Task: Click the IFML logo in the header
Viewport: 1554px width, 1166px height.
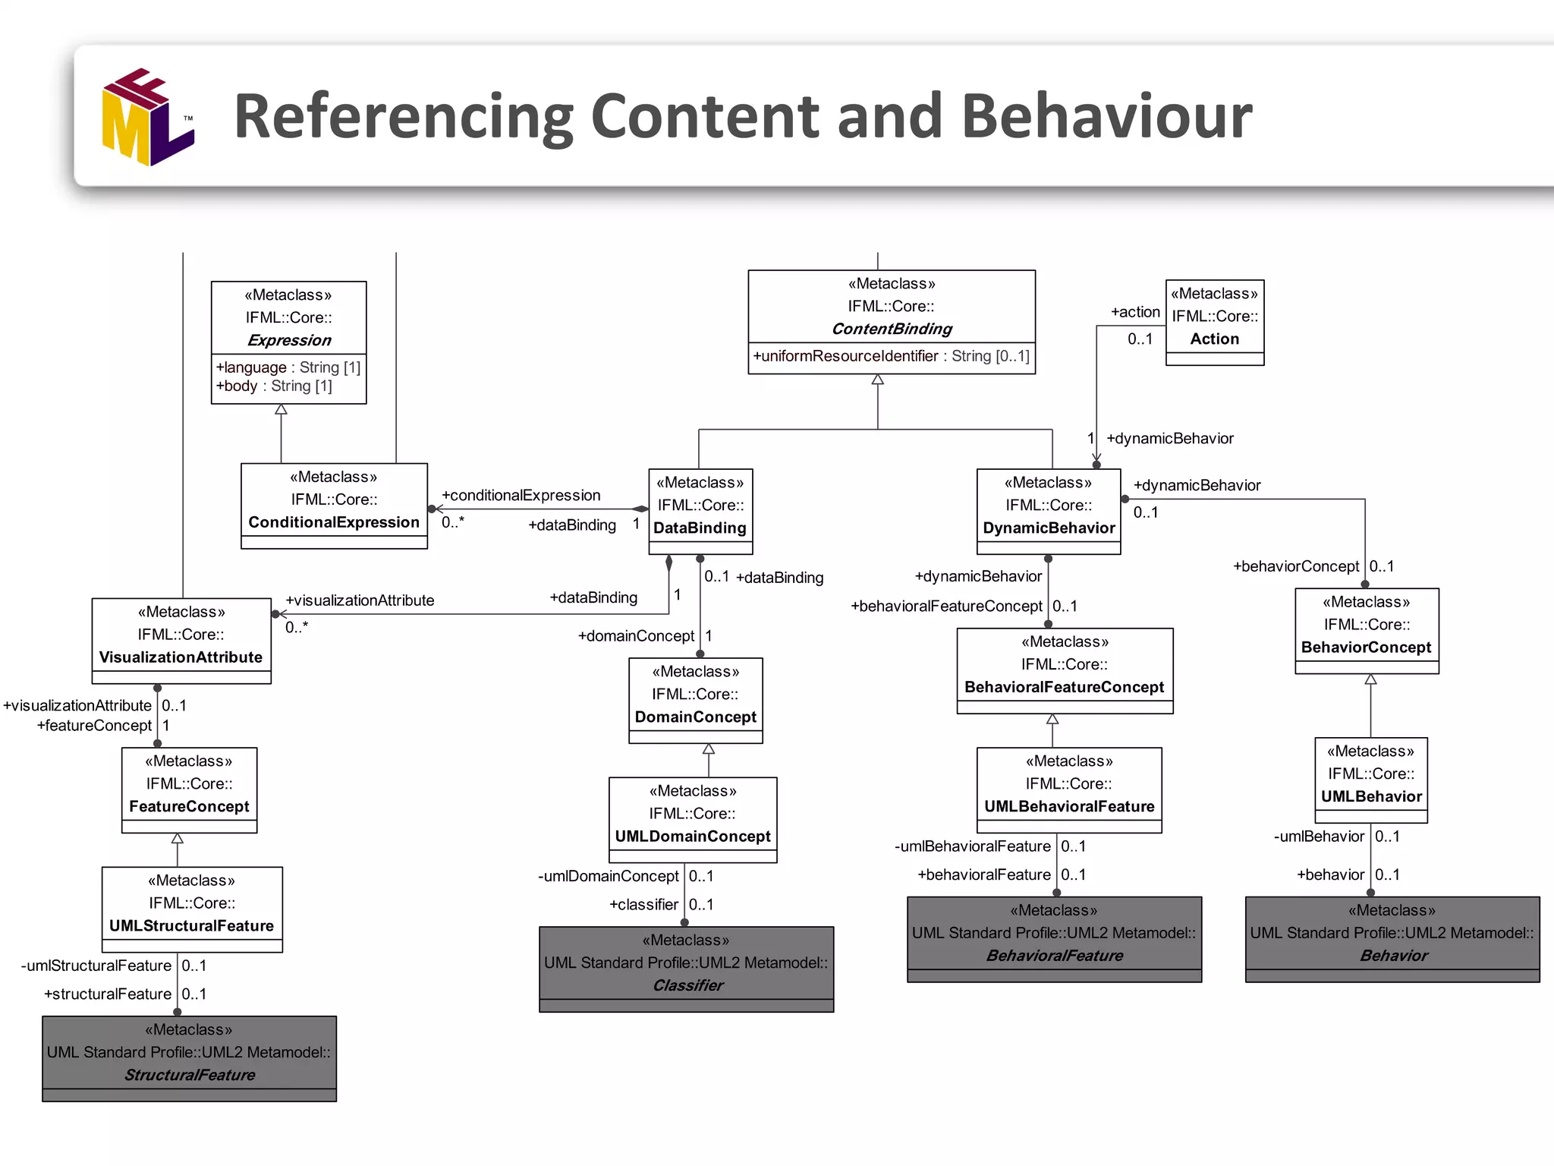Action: [x=148, y=118]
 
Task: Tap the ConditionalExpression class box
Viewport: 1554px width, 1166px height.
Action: [x=334, y=505]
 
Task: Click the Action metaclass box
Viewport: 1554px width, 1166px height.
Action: [x=1215, y=322]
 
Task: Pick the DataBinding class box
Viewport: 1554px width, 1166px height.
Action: [x=700, y=511]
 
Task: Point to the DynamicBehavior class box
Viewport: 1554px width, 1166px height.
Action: [x=1049, y=511]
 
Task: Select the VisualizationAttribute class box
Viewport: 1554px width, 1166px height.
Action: [x=181, y=640]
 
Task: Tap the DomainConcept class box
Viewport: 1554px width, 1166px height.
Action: [x=696, y=700]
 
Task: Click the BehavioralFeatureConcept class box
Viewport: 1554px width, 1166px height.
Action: [x=1065, y=670]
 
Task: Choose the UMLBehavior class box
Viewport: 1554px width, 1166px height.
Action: [x=1371, y=780]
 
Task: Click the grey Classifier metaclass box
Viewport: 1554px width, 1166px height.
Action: [x=687, y=969]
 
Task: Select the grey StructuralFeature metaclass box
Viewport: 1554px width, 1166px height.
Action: [x=190, y=1058]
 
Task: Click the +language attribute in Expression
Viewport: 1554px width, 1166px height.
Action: [x=251, y=367]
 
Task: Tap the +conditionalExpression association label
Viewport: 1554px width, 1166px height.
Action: [x=521, y=496]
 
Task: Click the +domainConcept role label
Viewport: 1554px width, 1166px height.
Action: [x=636, y=636]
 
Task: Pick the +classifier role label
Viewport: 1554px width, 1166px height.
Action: [x=643, y=905]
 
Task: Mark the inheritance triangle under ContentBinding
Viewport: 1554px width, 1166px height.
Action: [x=878, y=380]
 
